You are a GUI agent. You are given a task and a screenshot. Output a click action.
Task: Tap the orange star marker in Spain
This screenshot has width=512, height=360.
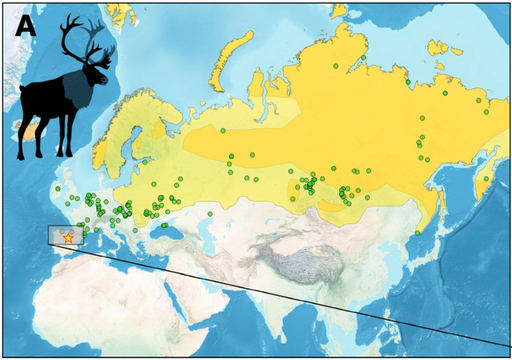[68, 238]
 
